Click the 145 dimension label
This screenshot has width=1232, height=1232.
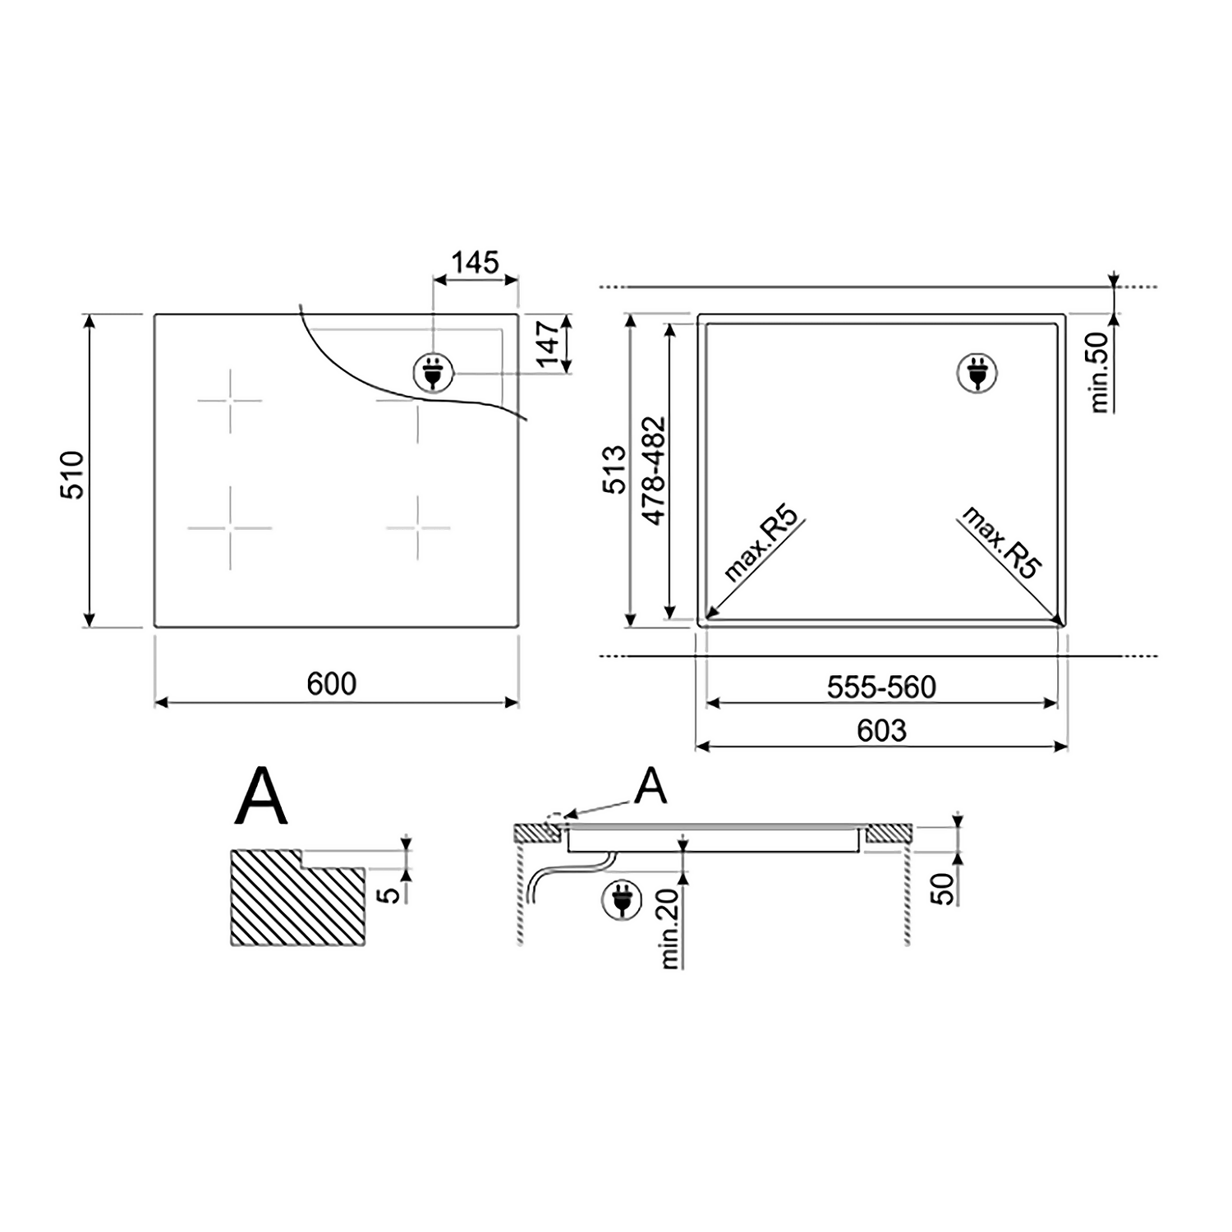coord(476,263)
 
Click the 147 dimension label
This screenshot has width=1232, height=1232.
coord(546,344)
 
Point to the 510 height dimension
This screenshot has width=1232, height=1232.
coord(72,475)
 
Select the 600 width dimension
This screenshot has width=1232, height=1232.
coord(332,683)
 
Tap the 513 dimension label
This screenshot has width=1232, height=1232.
coord(615,470)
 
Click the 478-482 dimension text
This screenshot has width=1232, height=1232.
coord(654,471)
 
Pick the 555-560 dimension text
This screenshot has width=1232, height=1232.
coord(881,687)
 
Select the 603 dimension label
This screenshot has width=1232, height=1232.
coord(881,730)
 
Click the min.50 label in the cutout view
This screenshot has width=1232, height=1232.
coord(1099,372)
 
